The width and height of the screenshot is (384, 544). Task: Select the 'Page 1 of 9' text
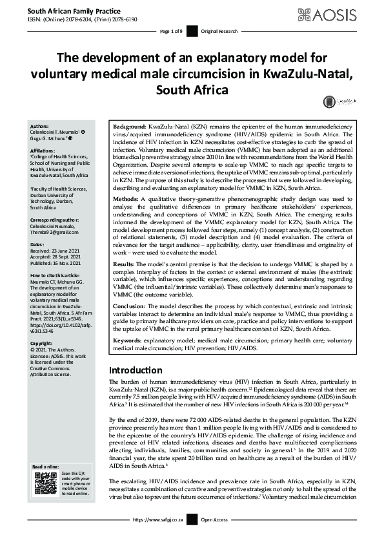171,31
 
